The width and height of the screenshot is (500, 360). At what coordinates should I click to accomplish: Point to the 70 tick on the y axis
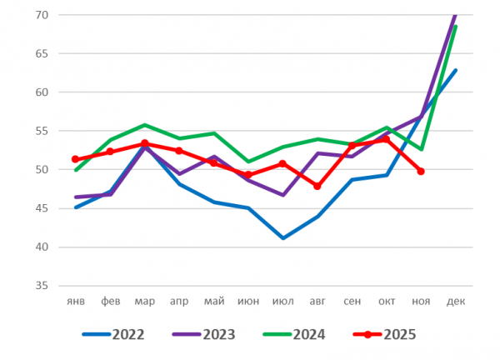[42, 15]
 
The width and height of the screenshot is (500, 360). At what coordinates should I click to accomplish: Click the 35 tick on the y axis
[42, 286]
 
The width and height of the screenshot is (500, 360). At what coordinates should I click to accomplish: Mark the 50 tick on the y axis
[42, 170]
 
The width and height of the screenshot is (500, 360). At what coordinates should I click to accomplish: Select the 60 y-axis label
[42, 92]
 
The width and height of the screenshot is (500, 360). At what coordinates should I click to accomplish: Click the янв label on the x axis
[76, 301]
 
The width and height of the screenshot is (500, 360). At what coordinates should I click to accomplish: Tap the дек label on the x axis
[455, 301]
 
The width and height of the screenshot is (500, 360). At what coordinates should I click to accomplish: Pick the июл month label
[282, 301]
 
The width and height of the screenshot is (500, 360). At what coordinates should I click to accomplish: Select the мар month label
[144, 301]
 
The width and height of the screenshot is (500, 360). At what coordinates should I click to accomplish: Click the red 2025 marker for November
[421, 172]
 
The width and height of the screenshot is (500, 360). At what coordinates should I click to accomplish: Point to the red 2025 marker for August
[317, 186]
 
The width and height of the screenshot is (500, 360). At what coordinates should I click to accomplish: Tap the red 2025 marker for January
[76, 159]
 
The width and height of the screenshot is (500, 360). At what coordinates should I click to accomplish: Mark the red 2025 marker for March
[145, 143]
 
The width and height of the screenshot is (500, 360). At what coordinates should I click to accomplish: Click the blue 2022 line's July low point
[282, 238]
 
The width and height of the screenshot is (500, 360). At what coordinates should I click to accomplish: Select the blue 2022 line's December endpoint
[456, 71]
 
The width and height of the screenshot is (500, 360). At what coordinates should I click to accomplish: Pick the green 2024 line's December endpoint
[455, 27]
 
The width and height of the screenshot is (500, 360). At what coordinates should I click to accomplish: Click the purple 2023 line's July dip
[282, 195]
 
